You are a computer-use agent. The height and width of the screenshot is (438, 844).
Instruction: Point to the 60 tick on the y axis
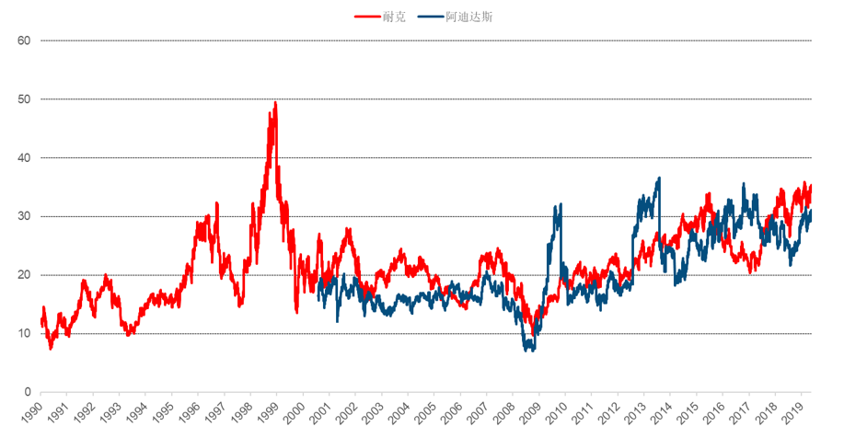pyautogui.click(x=24, y=40)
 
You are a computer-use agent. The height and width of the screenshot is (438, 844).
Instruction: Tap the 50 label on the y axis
pyautogui.click(x=24, y=99)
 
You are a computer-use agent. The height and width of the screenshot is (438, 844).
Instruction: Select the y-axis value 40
pyautogui.click(x=24, y=157)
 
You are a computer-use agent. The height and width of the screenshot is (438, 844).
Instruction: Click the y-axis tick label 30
pyautogui.click(x=24, y=216)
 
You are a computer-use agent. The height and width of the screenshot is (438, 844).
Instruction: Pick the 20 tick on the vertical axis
pyautogui.click(x=24, y=275)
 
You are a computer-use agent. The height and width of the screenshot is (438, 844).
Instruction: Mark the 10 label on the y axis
pyautogui.click(x=24, y=333)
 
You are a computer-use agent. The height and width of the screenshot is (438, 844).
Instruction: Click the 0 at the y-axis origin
pyautogui.click(x=28, y=392)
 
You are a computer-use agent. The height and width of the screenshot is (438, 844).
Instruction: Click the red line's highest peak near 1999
pyautogui.click(x=275, y=103)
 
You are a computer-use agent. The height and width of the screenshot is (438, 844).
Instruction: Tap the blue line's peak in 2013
pyautogui.click(x=659, y=179)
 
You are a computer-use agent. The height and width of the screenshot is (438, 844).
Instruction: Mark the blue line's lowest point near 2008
pyautogui.click(x=528, y=350)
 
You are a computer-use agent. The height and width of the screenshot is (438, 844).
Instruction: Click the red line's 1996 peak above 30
pyautogui.click(x=216, y=202)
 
